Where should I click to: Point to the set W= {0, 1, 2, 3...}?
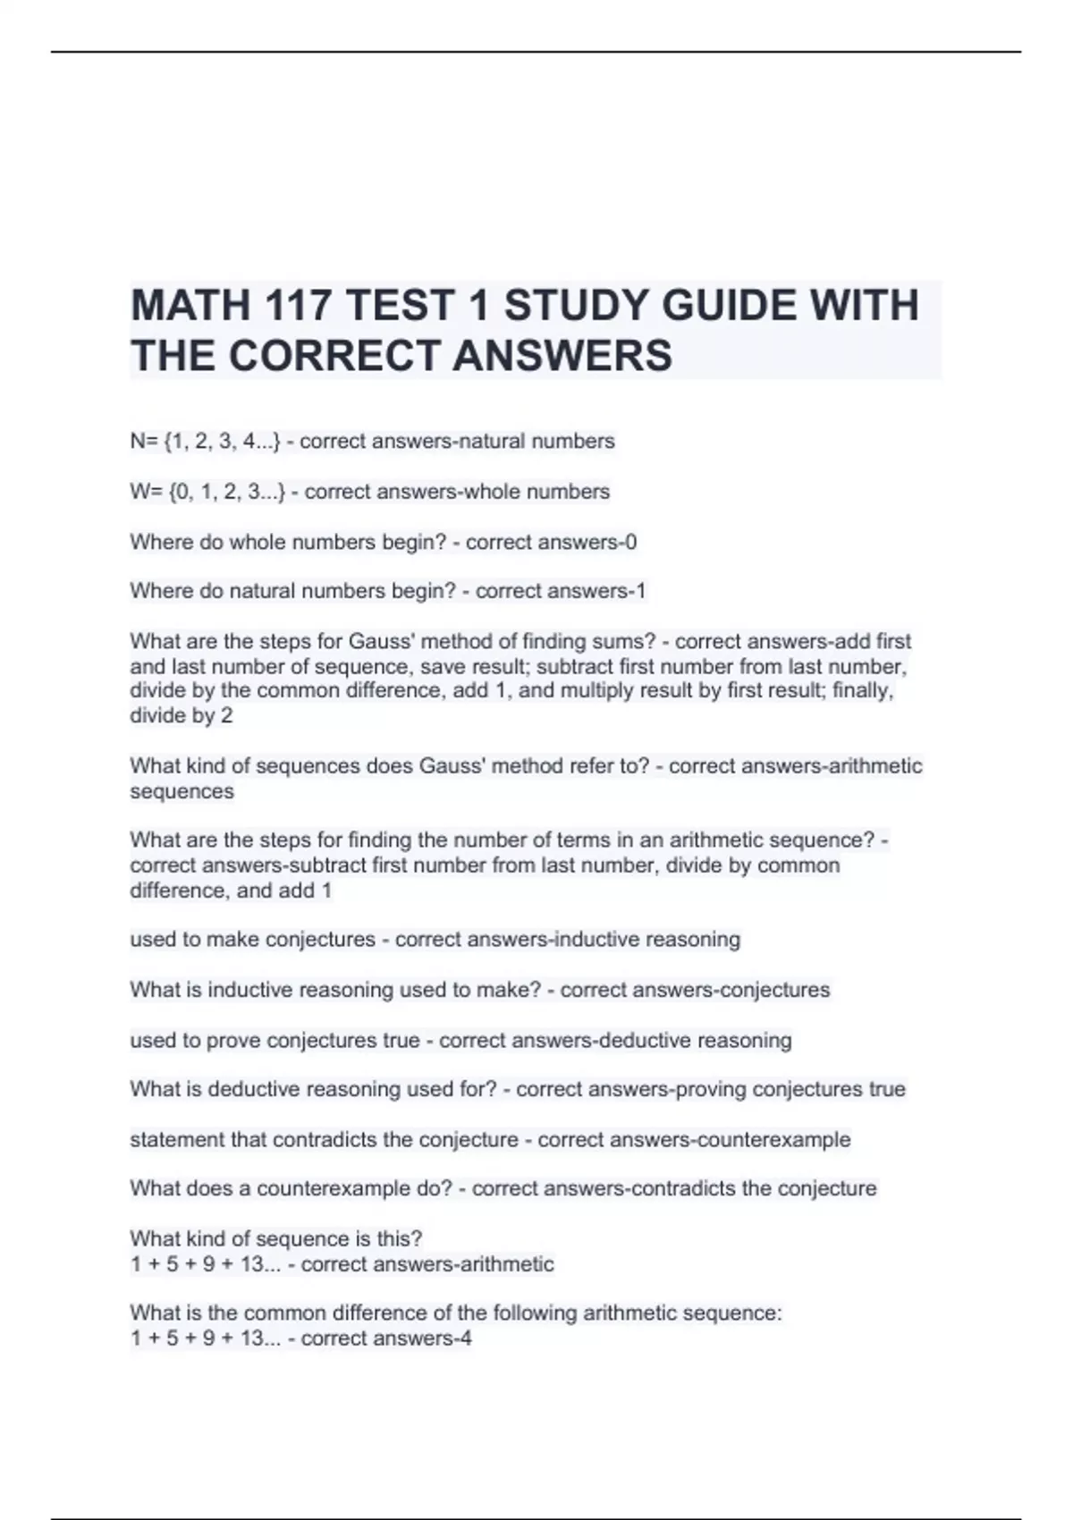207,492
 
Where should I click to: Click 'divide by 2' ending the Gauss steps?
181,715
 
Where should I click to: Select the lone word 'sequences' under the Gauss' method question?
182,791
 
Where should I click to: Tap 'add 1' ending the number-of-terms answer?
304,891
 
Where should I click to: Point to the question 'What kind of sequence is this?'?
275,1239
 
